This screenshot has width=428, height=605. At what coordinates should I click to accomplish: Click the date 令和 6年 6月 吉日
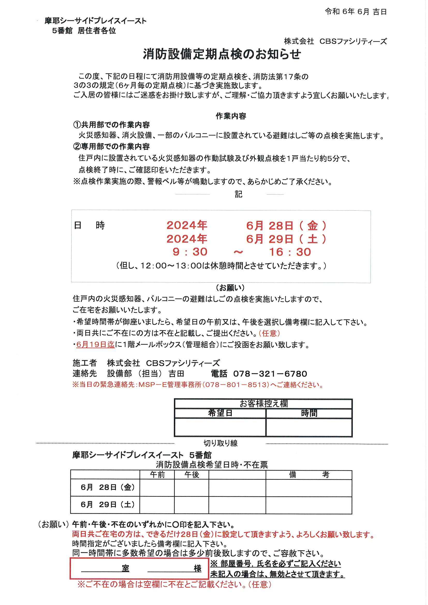356,12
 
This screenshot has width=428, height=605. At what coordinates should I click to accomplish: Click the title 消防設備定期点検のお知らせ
222,54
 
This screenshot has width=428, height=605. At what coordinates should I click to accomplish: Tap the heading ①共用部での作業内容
112,125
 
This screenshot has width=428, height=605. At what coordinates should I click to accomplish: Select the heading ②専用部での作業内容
112,146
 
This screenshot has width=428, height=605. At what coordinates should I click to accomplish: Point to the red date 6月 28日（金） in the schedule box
286,226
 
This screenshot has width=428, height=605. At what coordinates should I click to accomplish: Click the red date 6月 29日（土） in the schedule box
286,239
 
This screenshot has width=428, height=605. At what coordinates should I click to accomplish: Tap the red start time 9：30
190,252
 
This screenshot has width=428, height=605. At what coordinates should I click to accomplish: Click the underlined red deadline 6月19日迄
95,345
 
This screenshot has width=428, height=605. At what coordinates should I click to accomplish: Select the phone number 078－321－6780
270,374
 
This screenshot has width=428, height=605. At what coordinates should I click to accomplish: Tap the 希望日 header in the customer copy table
220,413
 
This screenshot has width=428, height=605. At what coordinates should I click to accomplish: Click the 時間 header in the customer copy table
309,413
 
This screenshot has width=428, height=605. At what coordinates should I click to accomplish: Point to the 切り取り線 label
220,443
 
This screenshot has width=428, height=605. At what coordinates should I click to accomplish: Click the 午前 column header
157,475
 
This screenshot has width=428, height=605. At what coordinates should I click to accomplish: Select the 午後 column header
191,475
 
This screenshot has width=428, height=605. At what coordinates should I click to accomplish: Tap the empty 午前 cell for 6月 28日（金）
157,488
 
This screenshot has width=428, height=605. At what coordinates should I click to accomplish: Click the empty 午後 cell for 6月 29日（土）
191,505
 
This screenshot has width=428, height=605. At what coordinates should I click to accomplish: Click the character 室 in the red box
126,568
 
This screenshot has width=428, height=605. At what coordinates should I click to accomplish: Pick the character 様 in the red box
197,568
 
